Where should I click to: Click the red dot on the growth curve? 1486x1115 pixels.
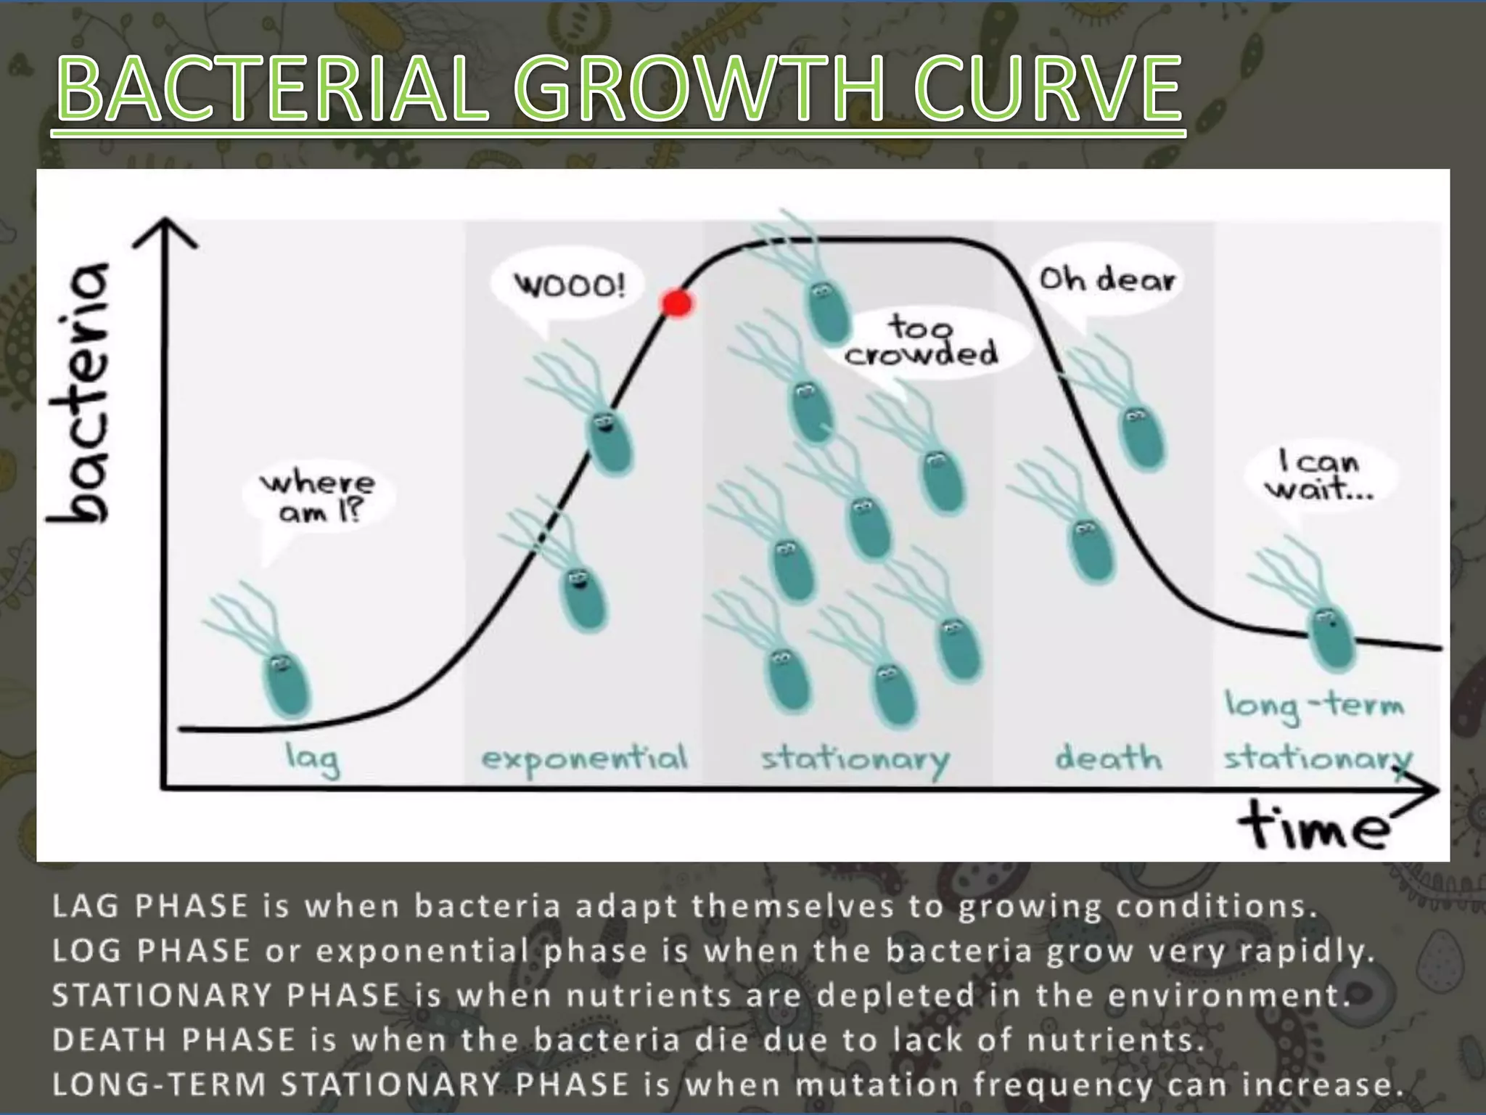(677, 303)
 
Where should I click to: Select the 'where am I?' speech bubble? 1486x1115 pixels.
(319, 497)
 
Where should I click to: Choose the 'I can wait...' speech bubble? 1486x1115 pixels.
(1320, 475)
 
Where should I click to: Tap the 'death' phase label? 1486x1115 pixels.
(1108, 759)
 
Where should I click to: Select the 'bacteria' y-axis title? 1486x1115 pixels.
(80, 392)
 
